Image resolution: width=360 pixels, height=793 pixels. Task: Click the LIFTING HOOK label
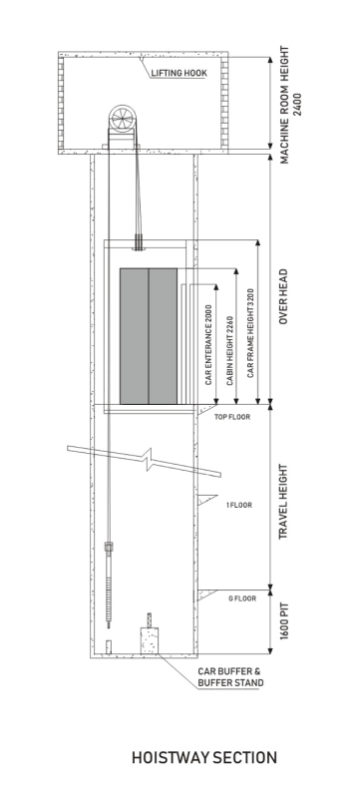click(179, 74)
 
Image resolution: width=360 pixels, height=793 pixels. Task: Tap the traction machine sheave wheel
click(123, 119)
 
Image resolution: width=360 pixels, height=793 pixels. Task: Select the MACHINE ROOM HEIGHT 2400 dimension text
click(290, 105)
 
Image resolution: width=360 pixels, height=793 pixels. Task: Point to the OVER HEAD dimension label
click(283, 296)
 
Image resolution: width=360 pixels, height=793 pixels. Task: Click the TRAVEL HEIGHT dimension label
click(283, 502)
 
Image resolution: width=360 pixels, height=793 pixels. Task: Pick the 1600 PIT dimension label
click(283, 620)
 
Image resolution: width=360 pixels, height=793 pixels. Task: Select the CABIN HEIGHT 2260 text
click(230, 351)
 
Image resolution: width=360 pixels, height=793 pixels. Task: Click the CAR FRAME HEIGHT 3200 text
click(250, 333)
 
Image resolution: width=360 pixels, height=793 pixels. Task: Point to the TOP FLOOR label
click(232, 417)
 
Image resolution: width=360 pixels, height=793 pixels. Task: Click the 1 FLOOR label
click(239, 505)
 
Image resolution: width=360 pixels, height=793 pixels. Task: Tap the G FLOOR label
click(242, 598)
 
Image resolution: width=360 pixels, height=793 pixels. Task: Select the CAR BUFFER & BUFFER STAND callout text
click(230, 677)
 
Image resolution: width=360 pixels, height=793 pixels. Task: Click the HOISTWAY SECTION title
click(204, 758)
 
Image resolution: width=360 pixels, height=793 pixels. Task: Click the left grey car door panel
click(134, 336)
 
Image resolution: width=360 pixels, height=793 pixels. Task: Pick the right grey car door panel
click(163, 336)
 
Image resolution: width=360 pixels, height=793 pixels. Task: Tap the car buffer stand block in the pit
click(150, 640)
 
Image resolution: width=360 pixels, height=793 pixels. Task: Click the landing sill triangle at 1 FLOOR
click(206, 500)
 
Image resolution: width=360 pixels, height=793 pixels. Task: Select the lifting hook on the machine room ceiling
click(140, 60)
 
